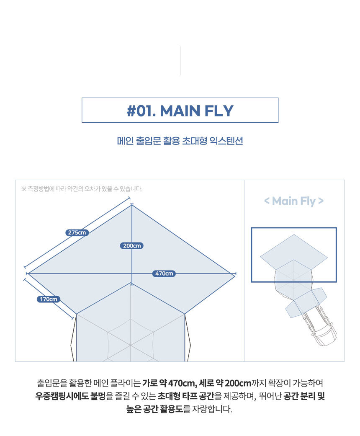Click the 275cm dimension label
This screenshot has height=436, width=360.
[77, 232]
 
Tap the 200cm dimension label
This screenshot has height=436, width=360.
[132, 246]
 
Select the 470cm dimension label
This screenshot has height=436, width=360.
[164, 273]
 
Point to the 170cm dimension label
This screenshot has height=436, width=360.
[49, 299]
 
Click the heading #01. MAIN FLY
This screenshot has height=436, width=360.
[180, 111]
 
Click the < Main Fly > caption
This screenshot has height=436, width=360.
[294, 201]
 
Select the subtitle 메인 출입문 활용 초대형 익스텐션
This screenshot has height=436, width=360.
[180, 141]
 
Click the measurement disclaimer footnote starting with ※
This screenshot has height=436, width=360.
[82, 189]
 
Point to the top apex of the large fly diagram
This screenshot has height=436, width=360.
[132, 205]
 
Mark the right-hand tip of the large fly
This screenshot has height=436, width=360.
[235, 274]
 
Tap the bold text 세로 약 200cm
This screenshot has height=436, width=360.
[225, 383]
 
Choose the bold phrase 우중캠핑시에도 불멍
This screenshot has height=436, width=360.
[71, 396]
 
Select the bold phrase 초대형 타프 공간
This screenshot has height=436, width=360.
[186, 396]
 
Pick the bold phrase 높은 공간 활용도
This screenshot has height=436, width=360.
[154, 409]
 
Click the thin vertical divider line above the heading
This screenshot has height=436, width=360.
[180, 61]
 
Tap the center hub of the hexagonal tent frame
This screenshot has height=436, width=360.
[130, 345]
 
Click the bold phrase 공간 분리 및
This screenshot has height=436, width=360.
[304, 396]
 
